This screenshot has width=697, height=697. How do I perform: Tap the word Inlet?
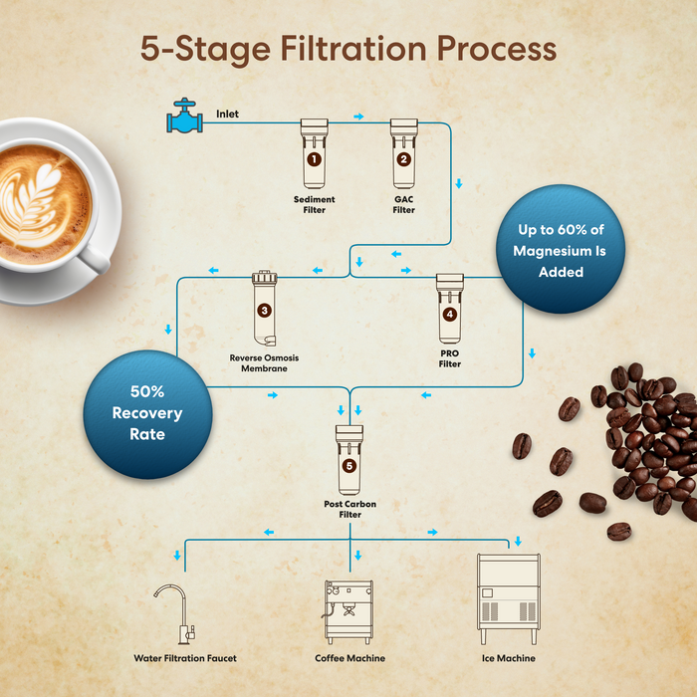click(227, 115)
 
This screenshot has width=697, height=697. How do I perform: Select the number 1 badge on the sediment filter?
click(315, 158)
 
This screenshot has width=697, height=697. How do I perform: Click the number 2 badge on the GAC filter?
click(403, 158)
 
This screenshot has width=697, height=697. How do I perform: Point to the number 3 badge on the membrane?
click(264, 310)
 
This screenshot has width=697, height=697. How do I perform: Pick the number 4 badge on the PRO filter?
click(450, 315)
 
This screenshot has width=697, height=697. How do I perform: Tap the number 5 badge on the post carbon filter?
click(349, 465)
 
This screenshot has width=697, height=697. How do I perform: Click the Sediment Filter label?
click(315, 204)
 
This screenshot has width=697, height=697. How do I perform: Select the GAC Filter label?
click(403, 204)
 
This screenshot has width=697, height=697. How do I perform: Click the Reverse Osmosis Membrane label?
click(264, 362)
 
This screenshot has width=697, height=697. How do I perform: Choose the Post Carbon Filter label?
click(349, 510)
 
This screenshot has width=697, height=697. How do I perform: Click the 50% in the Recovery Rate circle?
click(147, 391)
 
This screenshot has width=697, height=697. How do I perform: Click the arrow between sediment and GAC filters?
click(358, 116)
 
